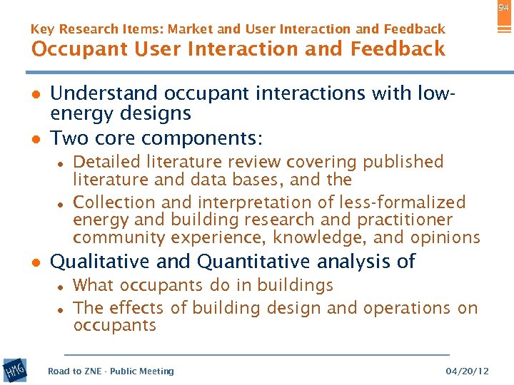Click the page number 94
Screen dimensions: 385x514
(x=503, y=7)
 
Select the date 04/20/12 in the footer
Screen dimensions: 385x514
(x=468, y=371)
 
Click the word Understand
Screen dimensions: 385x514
(x=105, y=93)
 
